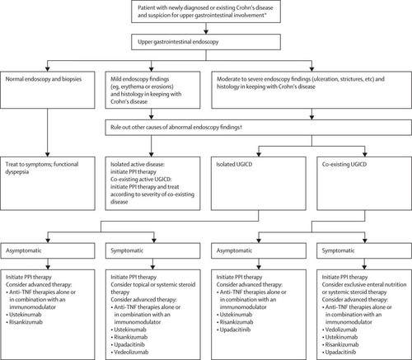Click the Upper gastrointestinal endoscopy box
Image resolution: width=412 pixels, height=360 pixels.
(206, 42)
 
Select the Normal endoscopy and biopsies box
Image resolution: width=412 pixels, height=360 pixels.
(48, 90)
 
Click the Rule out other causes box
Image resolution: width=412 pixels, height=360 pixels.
(258, 128)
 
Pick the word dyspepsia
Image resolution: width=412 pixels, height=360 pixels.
(17, 172)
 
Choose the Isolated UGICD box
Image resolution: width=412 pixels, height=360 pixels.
(259, 184)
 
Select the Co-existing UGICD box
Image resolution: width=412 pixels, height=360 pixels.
(364, 184)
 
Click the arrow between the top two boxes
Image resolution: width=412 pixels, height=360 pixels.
(206, 28)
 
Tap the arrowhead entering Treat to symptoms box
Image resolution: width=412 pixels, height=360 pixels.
(47, 154)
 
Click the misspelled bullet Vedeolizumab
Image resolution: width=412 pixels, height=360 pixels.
(131, 352)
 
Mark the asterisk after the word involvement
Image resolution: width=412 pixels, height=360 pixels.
(265, 14)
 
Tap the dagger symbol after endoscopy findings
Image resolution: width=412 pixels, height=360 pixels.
(241, 127)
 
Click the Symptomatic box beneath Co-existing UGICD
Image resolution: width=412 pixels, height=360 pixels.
(364, 250)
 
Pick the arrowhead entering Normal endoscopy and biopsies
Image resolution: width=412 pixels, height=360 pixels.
(47, 68)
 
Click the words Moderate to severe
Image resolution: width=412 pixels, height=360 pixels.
(236, 79)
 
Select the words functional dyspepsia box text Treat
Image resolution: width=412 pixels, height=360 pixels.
(11, 165)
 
